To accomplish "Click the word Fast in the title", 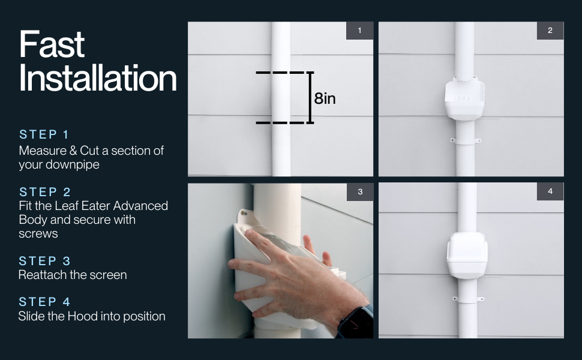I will [52, 45].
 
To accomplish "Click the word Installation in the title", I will [98, 79].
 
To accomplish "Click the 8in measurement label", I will [325, 98].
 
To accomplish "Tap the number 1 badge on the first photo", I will [359, 31].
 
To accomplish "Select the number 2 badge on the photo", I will [550, 31].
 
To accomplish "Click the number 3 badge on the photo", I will [359, 192].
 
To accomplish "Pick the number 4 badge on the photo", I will [550, 192].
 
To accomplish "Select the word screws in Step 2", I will [38, 233].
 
